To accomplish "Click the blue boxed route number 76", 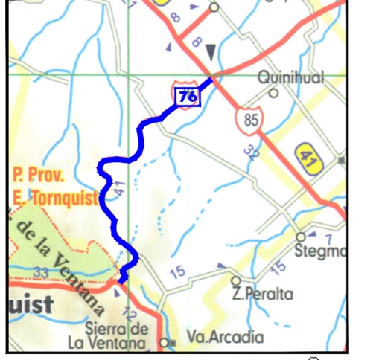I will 187,95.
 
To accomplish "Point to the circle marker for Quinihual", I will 273,94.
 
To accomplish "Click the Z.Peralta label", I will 261,294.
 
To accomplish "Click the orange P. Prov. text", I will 39,178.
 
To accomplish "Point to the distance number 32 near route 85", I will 251,153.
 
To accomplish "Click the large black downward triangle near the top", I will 211,51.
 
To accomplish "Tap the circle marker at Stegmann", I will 301,237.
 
